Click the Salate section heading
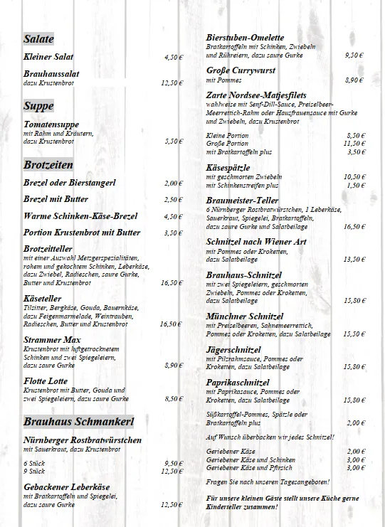[38, 39]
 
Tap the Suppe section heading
[38, 107]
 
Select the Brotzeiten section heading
[48, 165]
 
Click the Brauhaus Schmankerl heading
[78, 422]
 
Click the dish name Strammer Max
[51, 340]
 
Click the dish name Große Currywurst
[241, 70]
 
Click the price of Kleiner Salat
[173, 57]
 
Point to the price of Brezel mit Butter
[173, 200]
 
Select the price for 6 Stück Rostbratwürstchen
[173, 463]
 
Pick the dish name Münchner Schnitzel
[244, 316]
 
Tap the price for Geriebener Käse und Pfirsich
[356, 468]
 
